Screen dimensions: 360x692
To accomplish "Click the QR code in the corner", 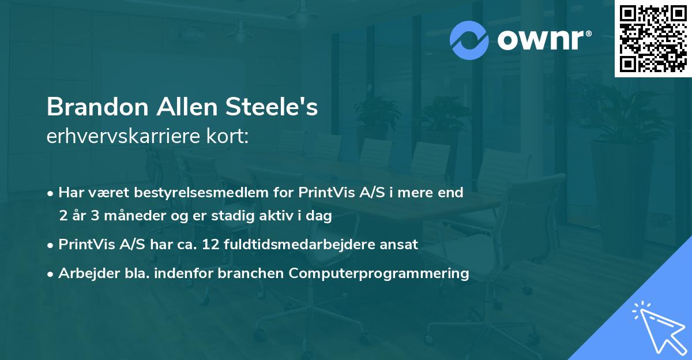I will pyautogui.click(x=652, y=39).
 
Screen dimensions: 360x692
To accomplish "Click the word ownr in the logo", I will pyautogui.click(x=540, y=39).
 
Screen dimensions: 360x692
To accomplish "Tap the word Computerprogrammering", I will pyautogui.click(x=379, y=273).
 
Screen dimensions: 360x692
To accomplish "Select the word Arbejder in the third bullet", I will pyautogui.click(x=82, y=273).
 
